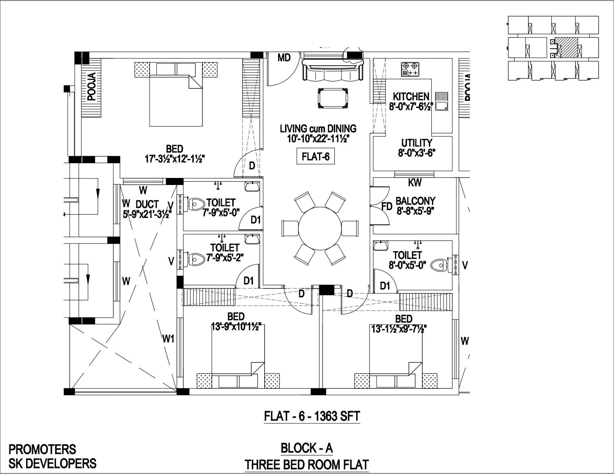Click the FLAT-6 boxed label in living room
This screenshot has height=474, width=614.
315,157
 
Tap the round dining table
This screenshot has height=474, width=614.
320,229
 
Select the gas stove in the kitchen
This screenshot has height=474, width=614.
410,69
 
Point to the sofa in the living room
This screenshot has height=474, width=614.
332,70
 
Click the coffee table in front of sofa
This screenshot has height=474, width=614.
333,98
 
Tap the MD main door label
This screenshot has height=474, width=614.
284,58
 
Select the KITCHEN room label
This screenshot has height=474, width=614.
411,97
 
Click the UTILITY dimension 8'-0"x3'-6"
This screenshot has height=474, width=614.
417,153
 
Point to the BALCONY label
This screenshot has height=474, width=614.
415,201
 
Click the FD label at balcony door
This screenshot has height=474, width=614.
387,207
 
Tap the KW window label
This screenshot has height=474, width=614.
414,183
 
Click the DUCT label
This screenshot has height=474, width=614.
147,204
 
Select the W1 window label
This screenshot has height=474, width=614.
168,339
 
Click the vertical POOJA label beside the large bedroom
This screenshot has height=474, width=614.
91,87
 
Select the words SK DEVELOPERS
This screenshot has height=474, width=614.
52,463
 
